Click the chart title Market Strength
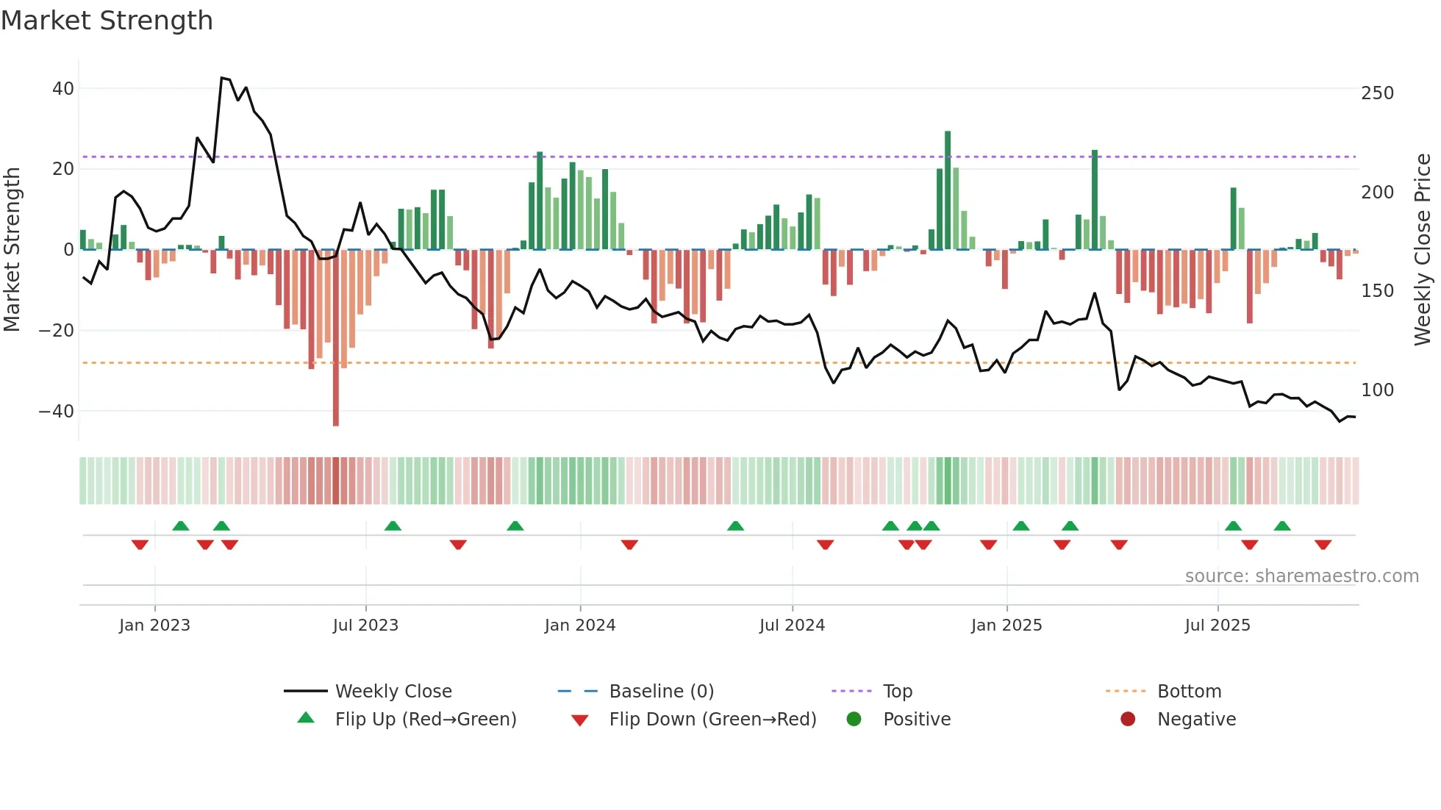click(x=107, y=21)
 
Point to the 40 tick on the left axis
click(x=63, y=89)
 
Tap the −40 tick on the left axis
click(x=57, y=412)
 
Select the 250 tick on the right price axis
click(x=1377, y=93)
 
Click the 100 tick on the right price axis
click(x=1377, y=390)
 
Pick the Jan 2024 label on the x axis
click(x=579, y=626)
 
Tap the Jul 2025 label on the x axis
click(x=1217, y=626)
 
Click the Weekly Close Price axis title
click(x=1423, y=250)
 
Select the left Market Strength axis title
click(x=12, y=250)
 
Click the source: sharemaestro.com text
click(x=1301, y=576)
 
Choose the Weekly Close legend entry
click(x=393, y=692)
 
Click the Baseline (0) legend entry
click(x=661, y=692)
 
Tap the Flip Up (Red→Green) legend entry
click(x=425, y=720)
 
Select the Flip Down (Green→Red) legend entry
click(x=712, y=720)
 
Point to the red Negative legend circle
click(x=1127, y=720)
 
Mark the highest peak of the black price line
click(x=222, y=78)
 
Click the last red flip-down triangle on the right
click(x=1323, y=545)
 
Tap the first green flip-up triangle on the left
click(x=181, y=526)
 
